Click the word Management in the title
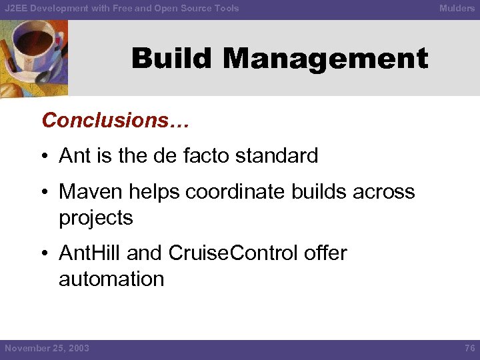tap(325, 59)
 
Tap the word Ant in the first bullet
tap(73, 156)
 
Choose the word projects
tap(96, 218)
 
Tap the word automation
tap(111, 279)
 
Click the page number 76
tap(468, 348)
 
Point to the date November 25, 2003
tap(47, 348)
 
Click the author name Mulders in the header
tap(457, 8)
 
